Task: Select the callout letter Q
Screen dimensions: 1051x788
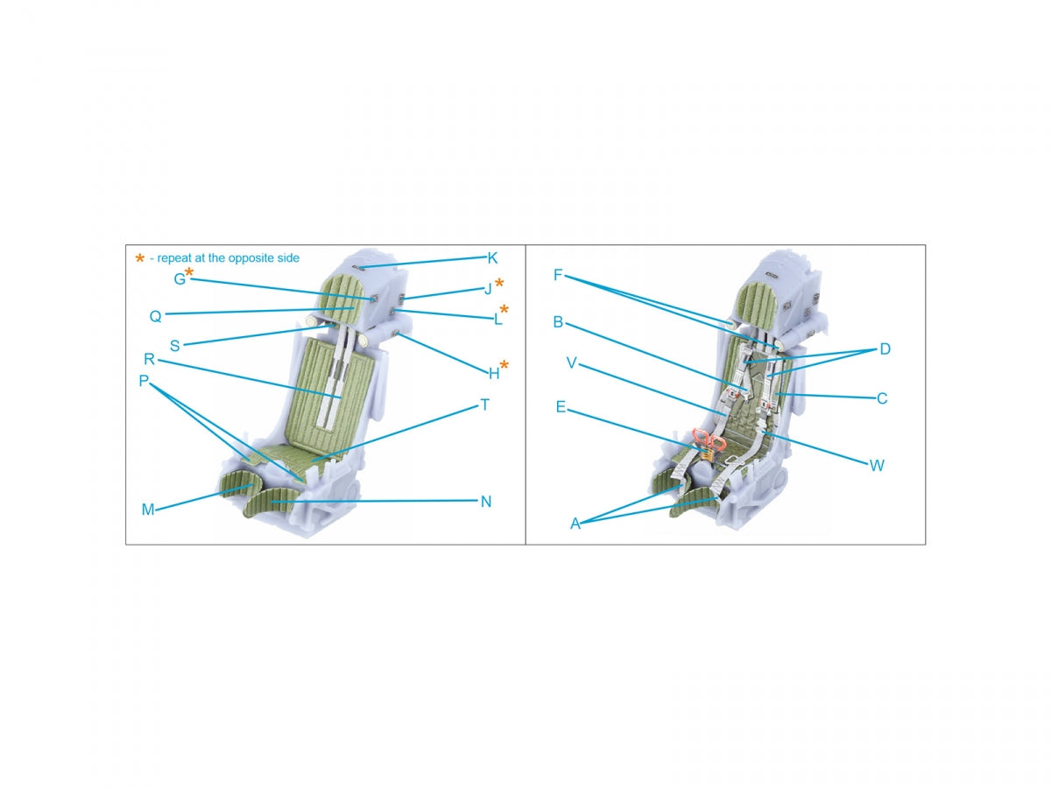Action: (x=156, y=316)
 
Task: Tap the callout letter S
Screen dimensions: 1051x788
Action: (x=175, y=346)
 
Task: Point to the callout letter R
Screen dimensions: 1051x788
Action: (x=150, y=359)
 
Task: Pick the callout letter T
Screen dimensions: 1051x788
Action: (x=485, y=405)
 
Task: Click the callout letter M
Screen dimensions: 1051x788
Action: (x=148, y=510)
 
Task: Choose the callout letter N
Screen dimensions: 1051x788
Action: (x=486, y=502)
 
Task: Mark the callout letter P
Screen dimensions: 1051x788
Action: (x=144, y=381)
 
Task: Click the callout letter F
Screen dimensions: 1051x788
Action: (x=558, y=275)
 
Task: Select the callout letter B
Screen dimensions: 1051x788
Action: (x=558, y=321)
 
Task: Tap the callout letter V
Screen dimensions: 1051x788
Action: (x=571, y=362)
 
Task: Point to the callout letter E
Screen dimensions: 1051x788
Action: (x=561, y=407)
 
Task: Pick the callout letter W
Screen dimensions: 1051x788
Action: (x=877, y=466)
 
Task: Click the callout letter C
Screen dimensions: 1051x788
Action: (x=882, y=398)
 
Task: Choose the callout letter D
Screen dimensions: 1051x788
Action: (x=885, y=349)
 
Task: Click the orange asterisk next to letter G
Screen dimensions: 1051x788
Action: (x=189, y=272)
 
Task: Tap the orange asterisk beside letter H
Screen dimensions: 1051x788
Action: (x=504, y=365)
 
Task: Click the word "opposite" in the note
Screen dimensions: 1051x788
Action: (x=249, y=258)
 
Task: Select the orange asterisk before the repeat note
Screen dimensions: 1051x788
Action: (x=140, y=258)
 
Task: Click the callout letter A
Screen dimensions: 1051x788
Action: (x=575, y=524)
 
